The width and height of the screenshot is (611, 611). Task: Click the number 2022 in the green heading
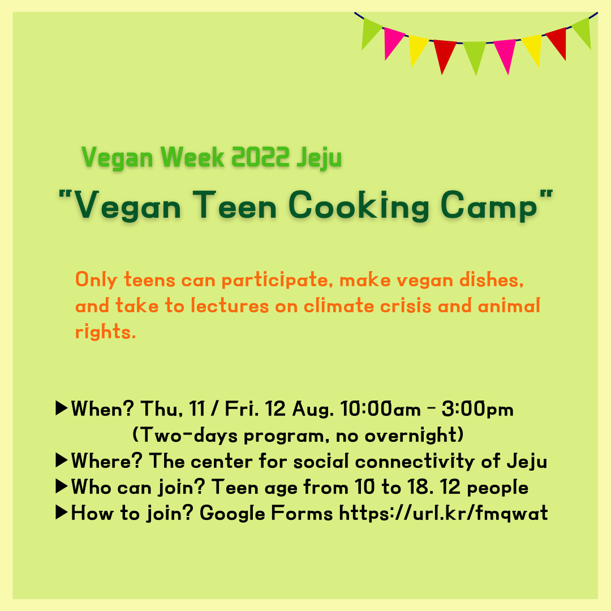click(260, 157)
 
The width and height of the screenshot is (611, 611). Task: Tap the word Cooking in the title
click(359, 206)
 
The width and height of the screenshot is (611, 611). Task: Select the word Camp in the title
click(489, 206)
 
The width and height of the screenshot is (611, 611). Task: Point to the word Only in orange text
click(96, 281)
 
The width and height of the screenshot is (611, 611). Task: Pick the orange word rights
click(105, 332)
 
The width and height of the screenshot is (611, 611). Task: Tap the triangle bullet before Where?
click(62, 460)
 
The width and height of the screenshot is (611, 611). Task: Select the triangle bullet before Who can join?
click(62, 487)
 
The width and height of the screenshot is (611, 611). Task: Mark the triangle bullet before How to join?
click(62, 513)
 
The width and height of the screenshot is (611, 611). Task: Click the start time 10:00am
click(381, 409)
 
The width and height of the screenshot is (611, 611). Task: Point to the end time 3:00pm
click(477, 409)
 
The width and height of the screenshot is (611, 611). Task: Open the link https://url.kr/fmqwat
click(444, 513)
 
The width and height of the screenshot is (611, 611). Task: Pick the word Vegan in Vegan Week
click(117, 158)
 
